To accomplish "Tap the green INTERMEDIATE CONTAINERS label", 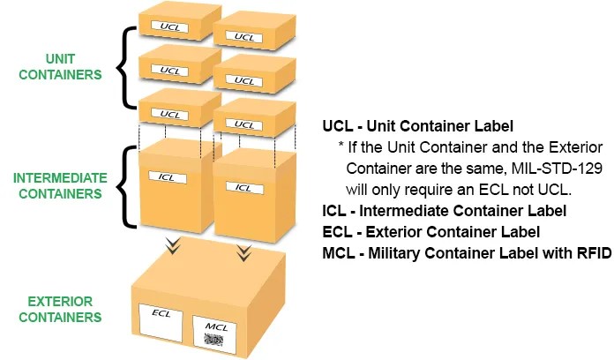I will click(x=58, y=184).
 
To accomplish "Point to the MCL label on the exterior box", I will click(x=215, y=332).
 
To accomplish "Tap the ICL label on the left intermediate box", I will click(x=168, y=178).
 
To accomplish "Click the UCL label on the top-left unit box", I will click(x=171, y=26).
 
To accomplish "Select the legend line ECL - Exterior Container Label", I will click(x=431, y=232).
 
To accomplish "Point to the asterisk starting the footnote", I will click(x=340, y=146).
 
